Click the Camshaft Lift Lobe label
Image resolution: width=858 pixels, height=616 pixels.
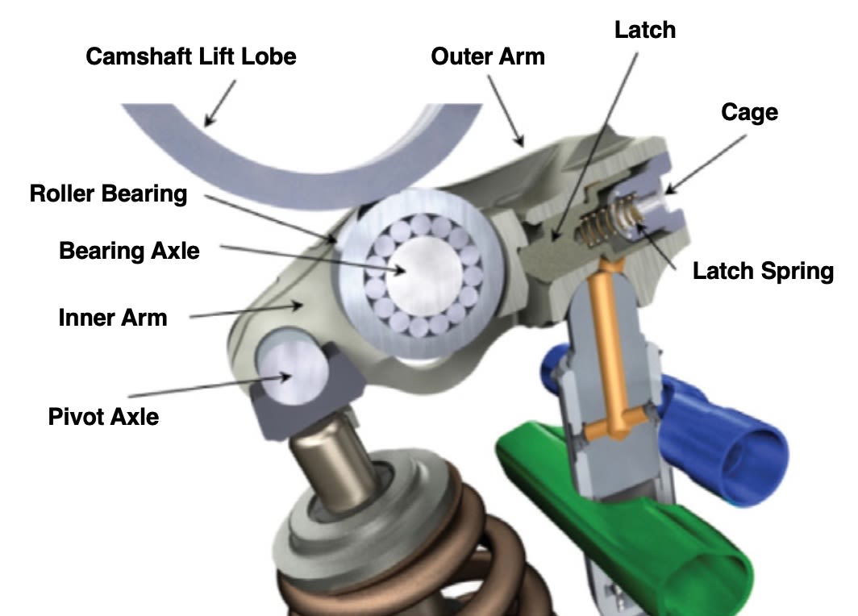click(x=191, y=57)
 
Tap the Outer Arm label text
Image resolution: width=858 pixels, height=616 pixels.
click(x=488, y=56)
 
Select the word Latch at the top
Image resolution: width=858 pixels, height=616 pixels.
click(x=644, y=31)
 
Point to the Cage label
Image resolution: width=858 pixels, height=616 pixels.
click(x=749, y=111)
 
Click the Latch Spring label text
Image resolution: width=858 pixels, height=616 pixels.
click(x=763, y=271)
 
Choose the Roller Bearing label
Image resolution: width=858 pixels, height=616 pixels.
click(x=108, y=194)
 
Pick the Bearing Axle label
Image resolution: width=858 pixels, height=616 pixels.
click(x=129, y=250)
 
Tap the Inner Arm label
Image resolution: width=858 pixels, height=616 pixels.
click(x=113, y=317)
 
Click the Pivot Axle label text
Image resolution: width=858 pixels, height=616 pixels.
click(x=104, y=416)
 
